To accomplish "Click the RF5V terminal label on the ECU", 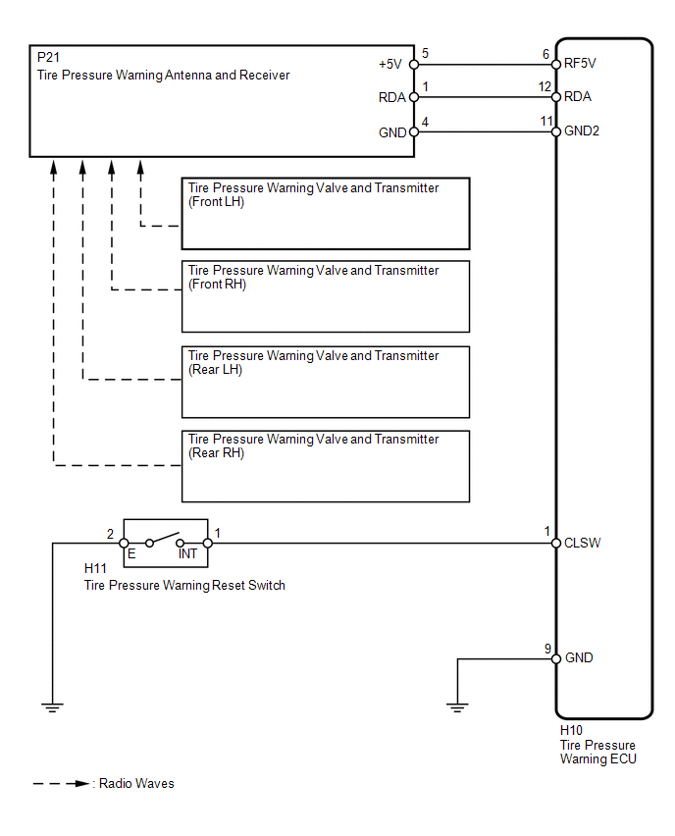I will (x=580, y=65).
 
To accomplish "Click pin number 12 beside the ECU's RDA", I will (x=544, y=86).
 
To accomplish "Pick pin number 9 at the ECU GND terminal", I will (x=546, y=648).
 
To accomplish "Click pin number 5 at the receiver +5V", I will (x=424, y=53).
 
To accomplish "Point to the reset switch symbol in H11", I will (x=165, y=540).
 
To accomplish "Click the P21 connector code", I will (x=47, y=59).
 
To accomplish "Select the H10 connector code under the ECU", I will (x=571, y=731).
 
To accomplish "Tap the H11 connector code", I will (x=95, y=568).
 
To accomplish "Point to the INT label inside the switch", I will (x=187, y=554).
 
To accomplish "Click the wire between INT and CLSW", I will (x=383, y=543).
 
